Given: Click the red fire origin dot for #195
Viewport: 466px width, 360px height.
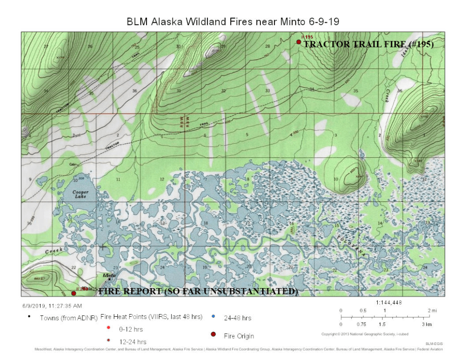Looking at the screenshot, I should tap(299, 42).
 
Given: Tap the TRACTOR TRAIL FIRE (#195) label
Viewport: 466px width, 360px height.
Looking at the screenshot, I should tap(368, 45).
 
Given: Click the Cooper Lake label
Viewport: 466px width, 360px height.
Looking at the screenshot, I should tap(81, 194).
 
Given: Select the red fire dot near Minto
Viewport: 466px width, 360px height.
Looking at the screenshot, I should tap(74, 293).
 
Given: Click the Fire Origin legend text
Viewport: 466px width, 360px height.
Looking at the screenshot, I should tap(238, 336).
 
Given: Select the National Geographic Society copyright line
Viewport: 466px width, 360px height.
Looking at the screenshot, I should tap(365, 334).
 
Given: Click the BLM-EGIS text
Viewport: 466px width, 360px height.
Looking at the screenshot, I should tap(434, 344).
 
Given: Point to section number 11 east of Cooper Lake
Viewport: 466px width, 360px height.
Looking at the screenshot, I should tap(118, 180).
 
